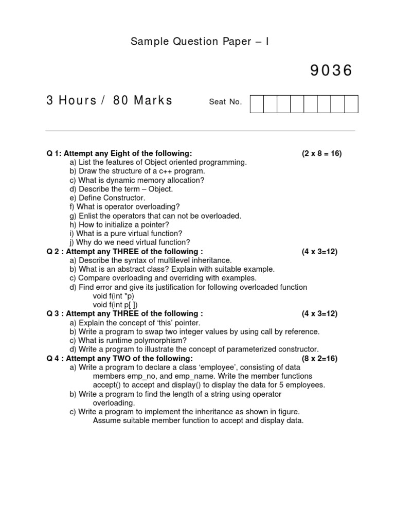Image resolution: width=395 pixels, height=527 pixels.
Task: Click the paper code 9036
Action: click(331, 71)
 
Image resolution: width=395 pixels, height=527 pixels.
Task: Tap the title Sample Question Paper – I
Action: click(200, 42)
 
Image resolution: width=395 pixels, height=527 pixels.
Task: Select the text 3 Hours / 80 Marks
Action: click(110, 100)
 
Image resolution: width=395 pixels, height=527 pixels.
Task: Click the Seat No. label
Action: click(225, 102)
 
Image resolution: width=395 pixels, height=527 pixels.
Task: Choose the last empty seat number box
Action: click(351, 103)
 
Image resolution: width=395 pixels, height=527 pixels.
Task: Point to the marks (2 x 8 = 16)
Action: click(321, 153)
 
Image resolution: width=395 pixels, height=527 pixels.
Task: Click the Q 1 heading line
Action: click(119, 153)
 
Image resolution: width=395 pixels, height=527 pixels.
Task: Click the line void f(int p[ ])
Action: click(115, 305)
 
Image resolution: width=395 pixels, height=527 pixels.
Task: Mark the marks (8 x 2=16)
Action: click(319, 359)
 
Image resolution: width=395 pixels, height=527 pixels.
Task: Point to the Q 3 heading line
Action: click(124, 313)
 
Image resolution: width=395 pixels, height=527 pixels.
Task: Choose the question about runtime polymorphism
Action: click(128, 340)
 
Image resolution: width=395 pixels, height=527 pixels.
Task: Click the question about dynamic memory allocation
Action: click(137, 180)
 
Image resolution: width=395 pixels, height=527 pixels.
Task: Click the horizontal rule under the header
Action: click(201, 131)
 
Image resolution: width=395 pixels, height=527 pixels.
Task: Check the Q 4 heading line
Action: click(120, 359)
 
